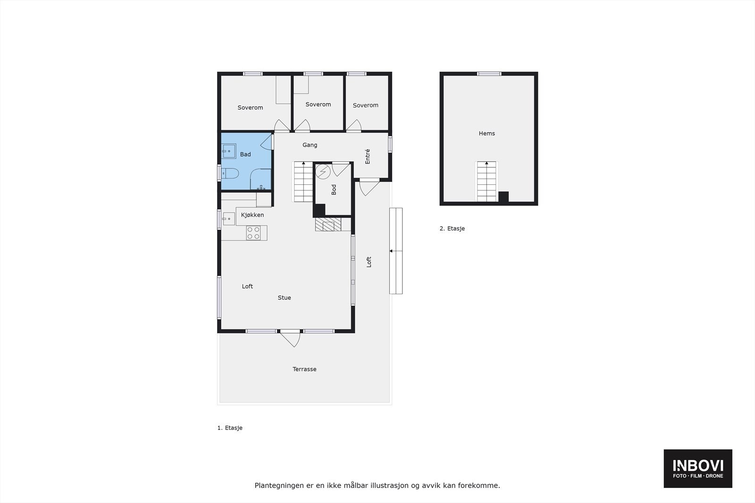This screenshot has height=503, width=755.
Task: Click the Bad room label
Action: click(245, 154)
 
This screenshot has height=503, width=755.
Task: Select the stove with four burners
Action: click(253, 232)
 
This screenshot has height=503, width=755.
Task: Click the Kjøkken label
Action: click(252, 215)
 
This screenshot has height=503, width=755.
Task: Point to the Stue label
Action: click(284, 297)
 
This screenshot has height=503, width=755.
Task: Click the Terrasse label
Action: click(304, 369)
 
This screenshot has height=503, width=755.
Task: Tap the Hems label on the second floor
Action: click(487, 133)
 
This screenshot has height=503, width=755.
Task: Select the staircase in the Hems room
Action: click(487, 181)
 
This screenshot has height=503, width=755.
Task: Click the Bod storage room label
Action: click(334, 190)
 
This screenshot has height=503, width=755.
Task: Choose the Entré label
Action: click(368, 156)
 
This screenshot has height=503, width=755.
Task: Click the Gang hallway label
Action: click(310, 145)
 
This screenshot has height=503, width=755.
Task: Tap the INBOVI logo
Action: click(698, 468)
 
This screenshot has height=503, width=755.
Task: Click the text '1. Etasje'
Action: click(230, 428)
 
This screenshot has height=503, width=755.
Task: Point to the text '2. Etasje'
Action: click(452, 229)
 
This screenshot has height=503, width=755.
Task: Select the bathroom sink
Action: click(229, 151)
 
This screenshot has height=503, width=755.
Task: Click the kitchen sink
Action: click(229, 219)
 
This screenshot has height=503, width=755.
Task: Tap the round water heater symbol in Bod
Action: click(323, 172)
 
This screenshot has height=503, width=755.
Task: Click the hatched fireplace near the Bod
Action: click(328, 224)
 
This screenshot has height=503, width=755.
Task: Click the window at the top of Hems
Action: click(489, 74)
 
